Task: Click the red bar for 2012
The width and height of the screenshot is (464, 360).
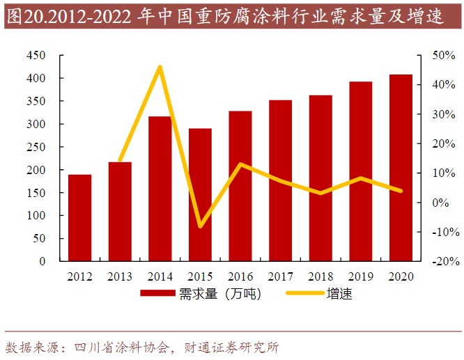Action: tap(79, 217)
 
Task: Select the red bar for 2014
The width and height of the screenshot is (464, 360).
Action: tap(160, 189)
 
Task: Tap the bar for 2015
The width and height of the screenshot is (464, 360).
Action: tap(200, 195)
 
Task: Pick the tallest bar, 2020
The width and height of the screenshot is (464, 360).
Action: tap(401, 167)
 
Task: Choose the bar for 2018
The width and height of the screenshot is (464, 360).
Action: tap(320, 178)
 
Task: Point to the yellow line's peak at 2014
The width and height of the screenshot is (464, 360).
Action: tap(160, 67)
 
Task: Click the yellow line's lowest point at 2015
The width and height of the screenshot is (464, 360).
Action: tap(201, 226)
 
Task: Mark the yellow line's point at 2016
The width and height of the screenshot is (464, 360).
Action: tap(240, 164)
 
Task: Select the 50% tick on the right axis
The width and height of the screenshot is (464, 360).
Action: tap(443, 56)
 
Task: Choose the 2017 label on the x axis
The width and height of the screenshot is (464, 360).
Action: tap(281, 276)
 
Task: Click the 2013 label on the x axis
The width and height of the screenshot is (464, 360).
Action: tap(120, 276)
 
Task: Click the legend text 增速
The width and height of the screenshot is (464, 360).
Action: tap(339, 294)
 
